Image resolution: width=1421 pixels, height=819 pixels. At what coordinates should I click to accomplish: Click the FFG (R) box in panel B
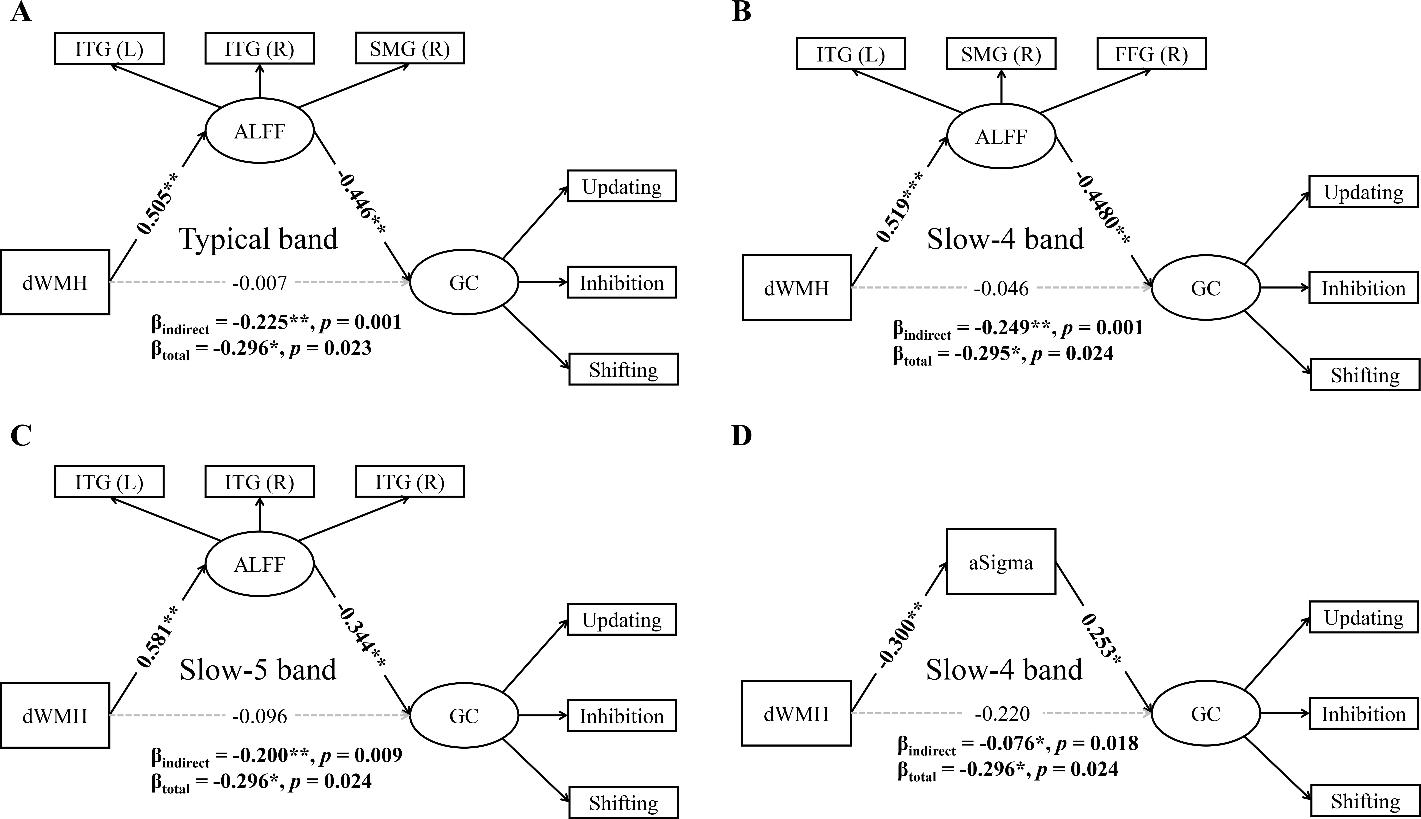click(x=1151, y=54)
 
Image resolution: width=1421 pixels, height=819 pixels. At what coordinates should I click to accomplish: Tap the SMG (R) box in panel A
click(x=410, y=49)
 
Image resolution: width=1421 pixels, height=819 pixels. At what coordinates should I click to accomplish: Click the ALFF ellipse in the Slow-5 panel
click(x=259, y=564)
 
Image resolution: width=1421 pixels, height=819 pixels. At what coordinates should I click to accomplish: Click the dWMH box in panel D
click(x=796, y=713)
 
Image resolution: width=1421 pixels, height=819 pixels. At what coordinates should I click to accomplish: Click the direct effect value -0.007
click(x=259, y=282)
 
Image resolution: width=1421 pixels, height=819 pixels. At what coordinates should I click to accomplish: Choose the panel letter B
click(x=741, y=11)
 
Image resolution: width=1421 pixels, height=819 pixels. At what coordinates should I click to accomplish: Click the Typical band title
click(x=259, y=239)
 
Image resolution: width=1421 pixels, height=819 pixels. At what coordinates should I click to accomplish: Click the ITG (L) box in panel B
click(x=851, y=54)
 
